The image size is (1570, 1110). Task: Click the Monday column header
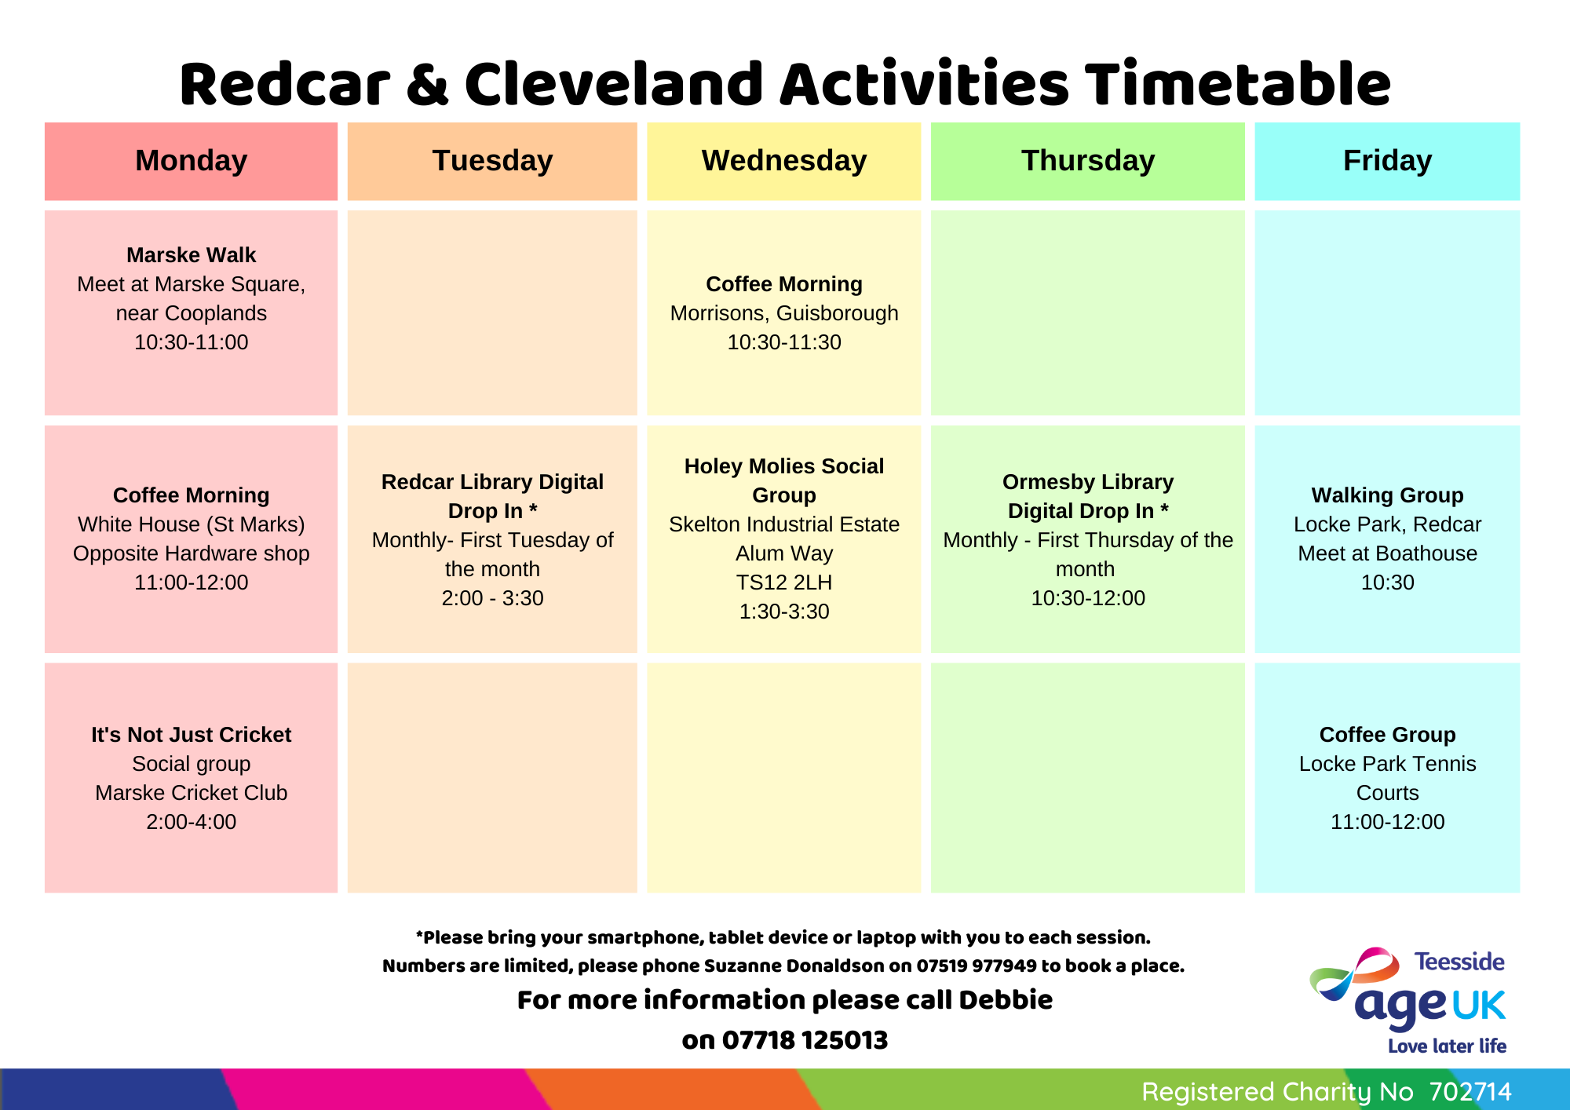click(191, 161)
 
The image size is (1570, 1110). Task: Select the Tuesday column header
click(492, 161)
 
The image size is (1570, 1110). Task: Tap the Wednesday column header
click(784, 161)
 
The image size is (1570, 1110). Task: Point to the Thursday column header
click(1088, 161)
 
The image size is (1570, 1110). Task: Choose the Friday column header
click(1387, 161)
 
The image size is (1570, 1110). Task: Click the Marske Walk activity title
click(191, 255)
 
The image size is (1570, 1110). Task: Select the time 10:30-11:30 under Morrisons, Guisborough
click(784, 342)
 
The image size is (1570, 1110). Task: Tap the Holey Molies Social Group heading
click(784, 480)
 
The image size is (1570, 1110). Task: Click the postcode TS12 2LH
click(784, 582)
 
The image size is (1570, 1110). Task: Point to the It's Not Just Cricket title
click(191, 735)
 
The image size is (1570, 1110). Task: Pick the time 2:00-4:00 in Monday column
click(191, 822)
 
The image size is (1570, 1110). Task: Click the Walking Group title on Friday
click(1387, 495)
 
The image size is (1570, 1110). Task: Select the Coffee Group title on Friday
click(1387, 735)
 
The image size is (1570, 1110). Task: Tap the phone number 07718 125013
click(805, 1040)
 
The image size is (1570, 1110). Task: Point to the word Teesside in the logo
click(1459, 962)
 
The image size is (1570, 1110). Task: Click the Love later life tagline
click(1447, 1046)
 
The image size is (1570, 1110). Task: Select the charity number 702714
click(1470, 1092)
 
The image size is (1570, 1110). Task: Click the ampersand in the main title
click(427, 85)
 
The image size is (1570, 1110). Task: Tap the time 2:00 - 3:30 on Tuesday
click(492, 598)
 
